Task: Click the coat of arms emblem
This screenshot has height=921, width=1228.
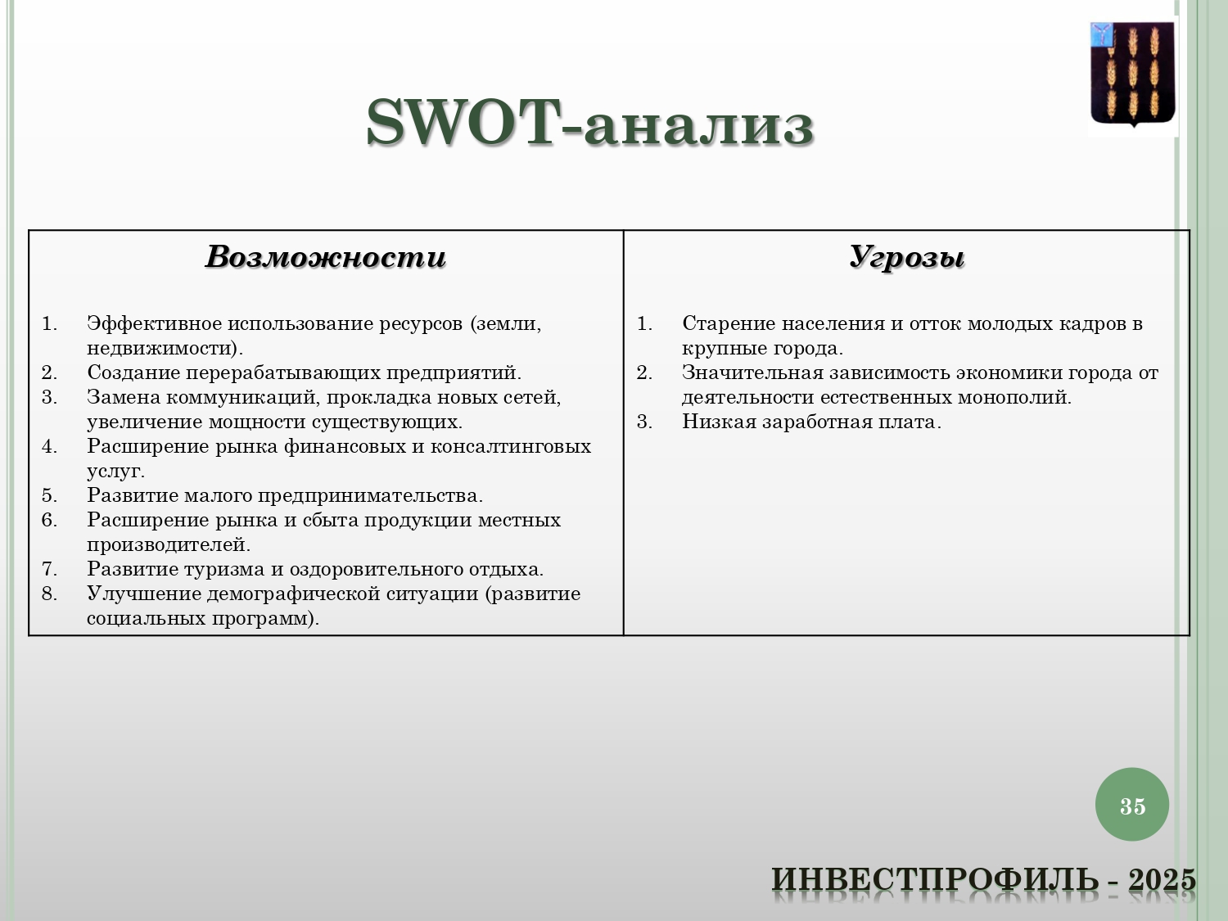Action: tap(1133, 75)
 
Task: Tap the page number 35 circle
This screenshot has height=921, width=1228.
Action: tap(1131, 805)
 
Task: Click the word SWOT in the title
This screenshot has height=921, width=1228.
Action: tap(464, 123)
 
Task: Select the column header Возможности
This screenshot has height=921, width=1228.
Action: tap(326, 257)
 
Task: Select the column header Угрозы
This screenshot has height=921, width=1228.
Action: tap(907, 258)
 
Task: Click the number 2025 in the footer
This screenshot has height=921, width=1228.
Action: tap(1162, 879)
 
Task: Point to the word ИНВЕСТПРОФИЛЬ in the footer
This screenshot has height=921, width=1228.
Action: tap(935, 879)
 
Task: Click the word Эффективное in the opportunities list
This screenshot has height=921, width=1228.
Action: tap(153, 323)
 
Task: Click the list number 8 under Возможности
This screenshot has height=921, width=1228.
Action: tap(49, 594)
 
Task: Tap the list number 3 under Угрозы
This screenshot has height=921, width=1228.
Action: tap(644, 422)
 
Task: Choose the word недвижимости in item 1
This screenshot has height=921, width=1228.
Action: tap(161, 349)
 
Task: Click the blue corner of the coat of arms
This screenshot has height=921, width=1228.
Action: tap(1102, 34)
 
